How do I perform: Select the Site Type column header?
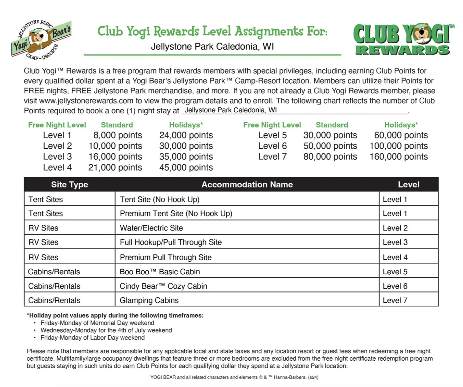tap(69, 185)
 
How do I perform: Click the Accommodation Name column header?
tap(247, 185)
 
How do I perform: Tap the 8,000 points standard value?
tap(118, 135)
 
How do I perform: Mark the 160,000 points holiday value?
tap(398, 157)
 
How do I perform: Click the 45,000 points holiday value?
tap(186, 167)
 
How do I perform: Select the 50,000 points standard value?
tap(330, 146)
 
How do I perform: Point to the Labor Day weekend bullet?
tap(92, 338)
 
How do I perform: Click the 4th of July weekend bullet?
tap(106, 330)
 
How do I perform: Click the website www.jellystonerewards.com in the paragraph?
tap(86, 101)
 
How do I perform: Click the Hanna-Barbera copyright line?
tap(234, 377)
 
